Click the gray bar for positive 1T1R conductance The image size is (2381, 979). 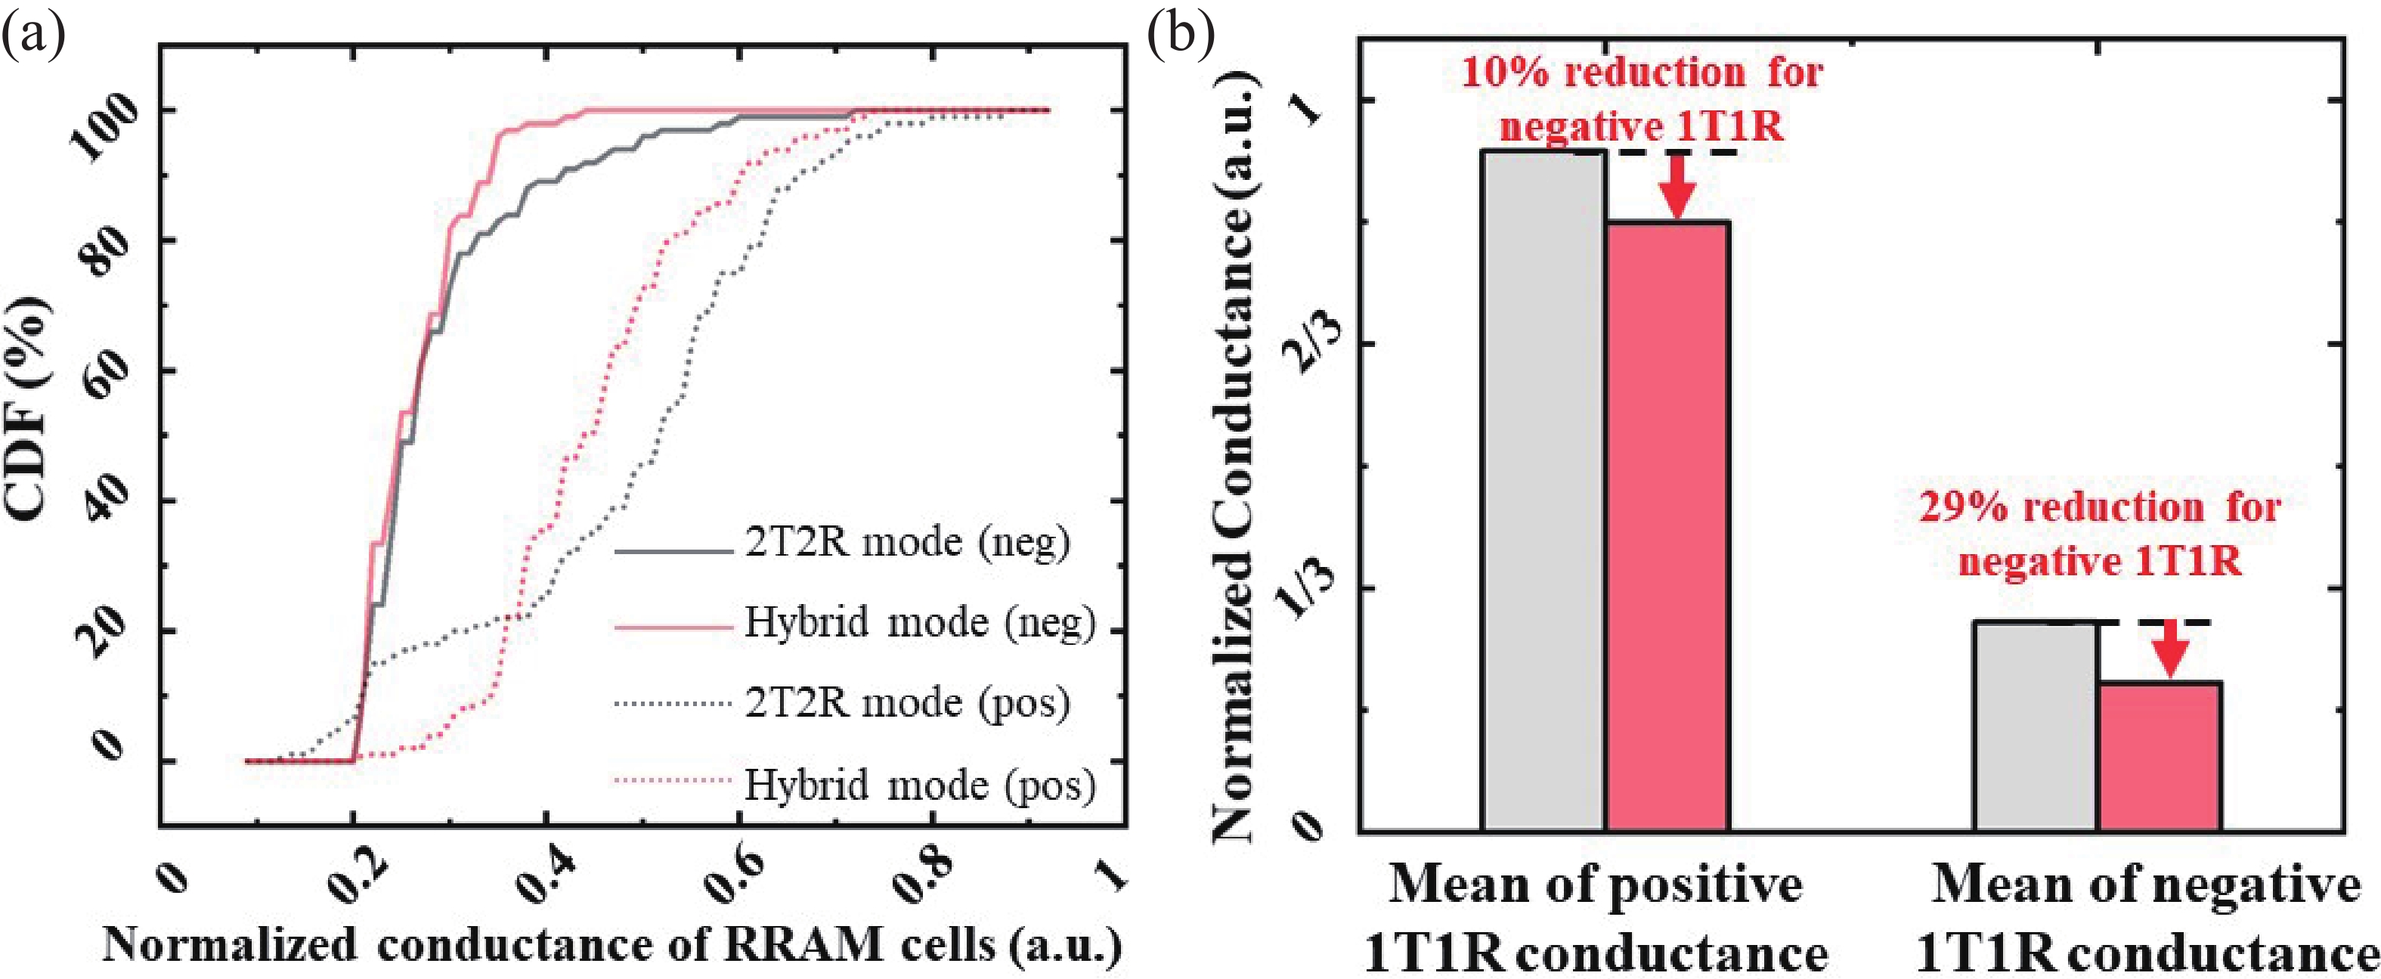(1543, 490)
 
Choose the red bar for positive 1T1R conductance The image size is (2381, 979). (1667, 526)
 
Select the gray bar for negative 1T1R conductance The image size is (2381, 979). (2036, 727)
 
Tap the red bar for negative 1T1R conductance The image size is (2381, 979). (2160, 756)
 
